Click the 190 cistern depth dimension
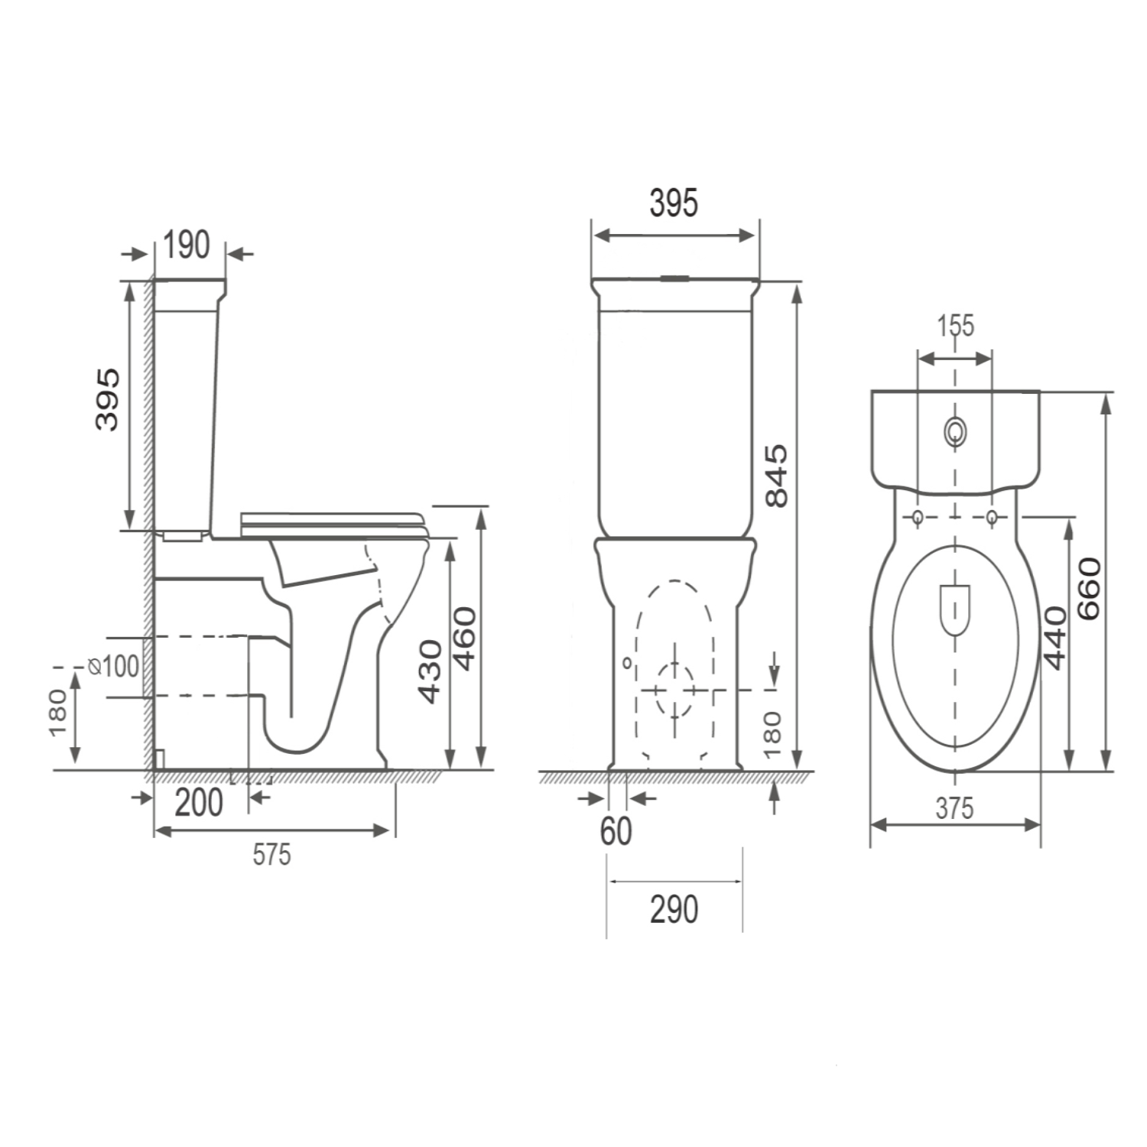[187, 245]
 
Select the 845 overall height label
[776, 475]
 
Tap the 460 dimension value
[465, 638]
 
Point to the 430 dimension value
[431, 671]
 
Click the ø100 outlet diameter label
[114, 666]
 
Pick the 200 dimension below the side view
[199, 803]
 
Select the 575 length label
[272, 854]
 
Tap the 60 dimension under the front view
[616, 831]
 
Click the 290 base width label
[674, 909]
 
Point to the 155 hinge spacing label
[957, 326]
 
